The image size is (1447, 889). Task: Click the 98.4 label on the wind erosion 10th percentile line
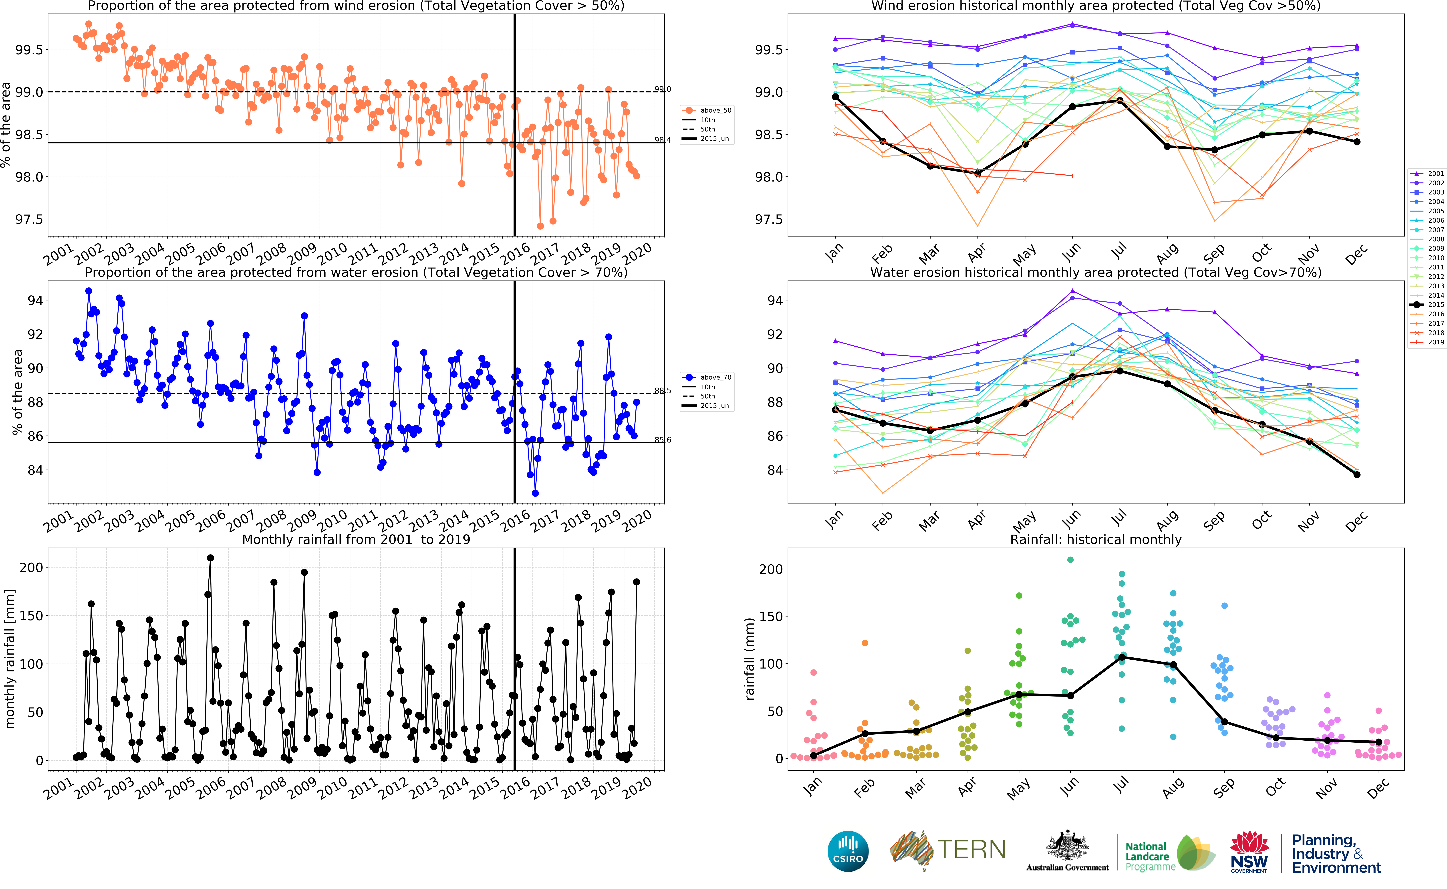[x=662, y=140]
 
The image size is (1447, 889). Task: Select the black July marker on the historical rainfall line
[x=1121, y=657]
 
